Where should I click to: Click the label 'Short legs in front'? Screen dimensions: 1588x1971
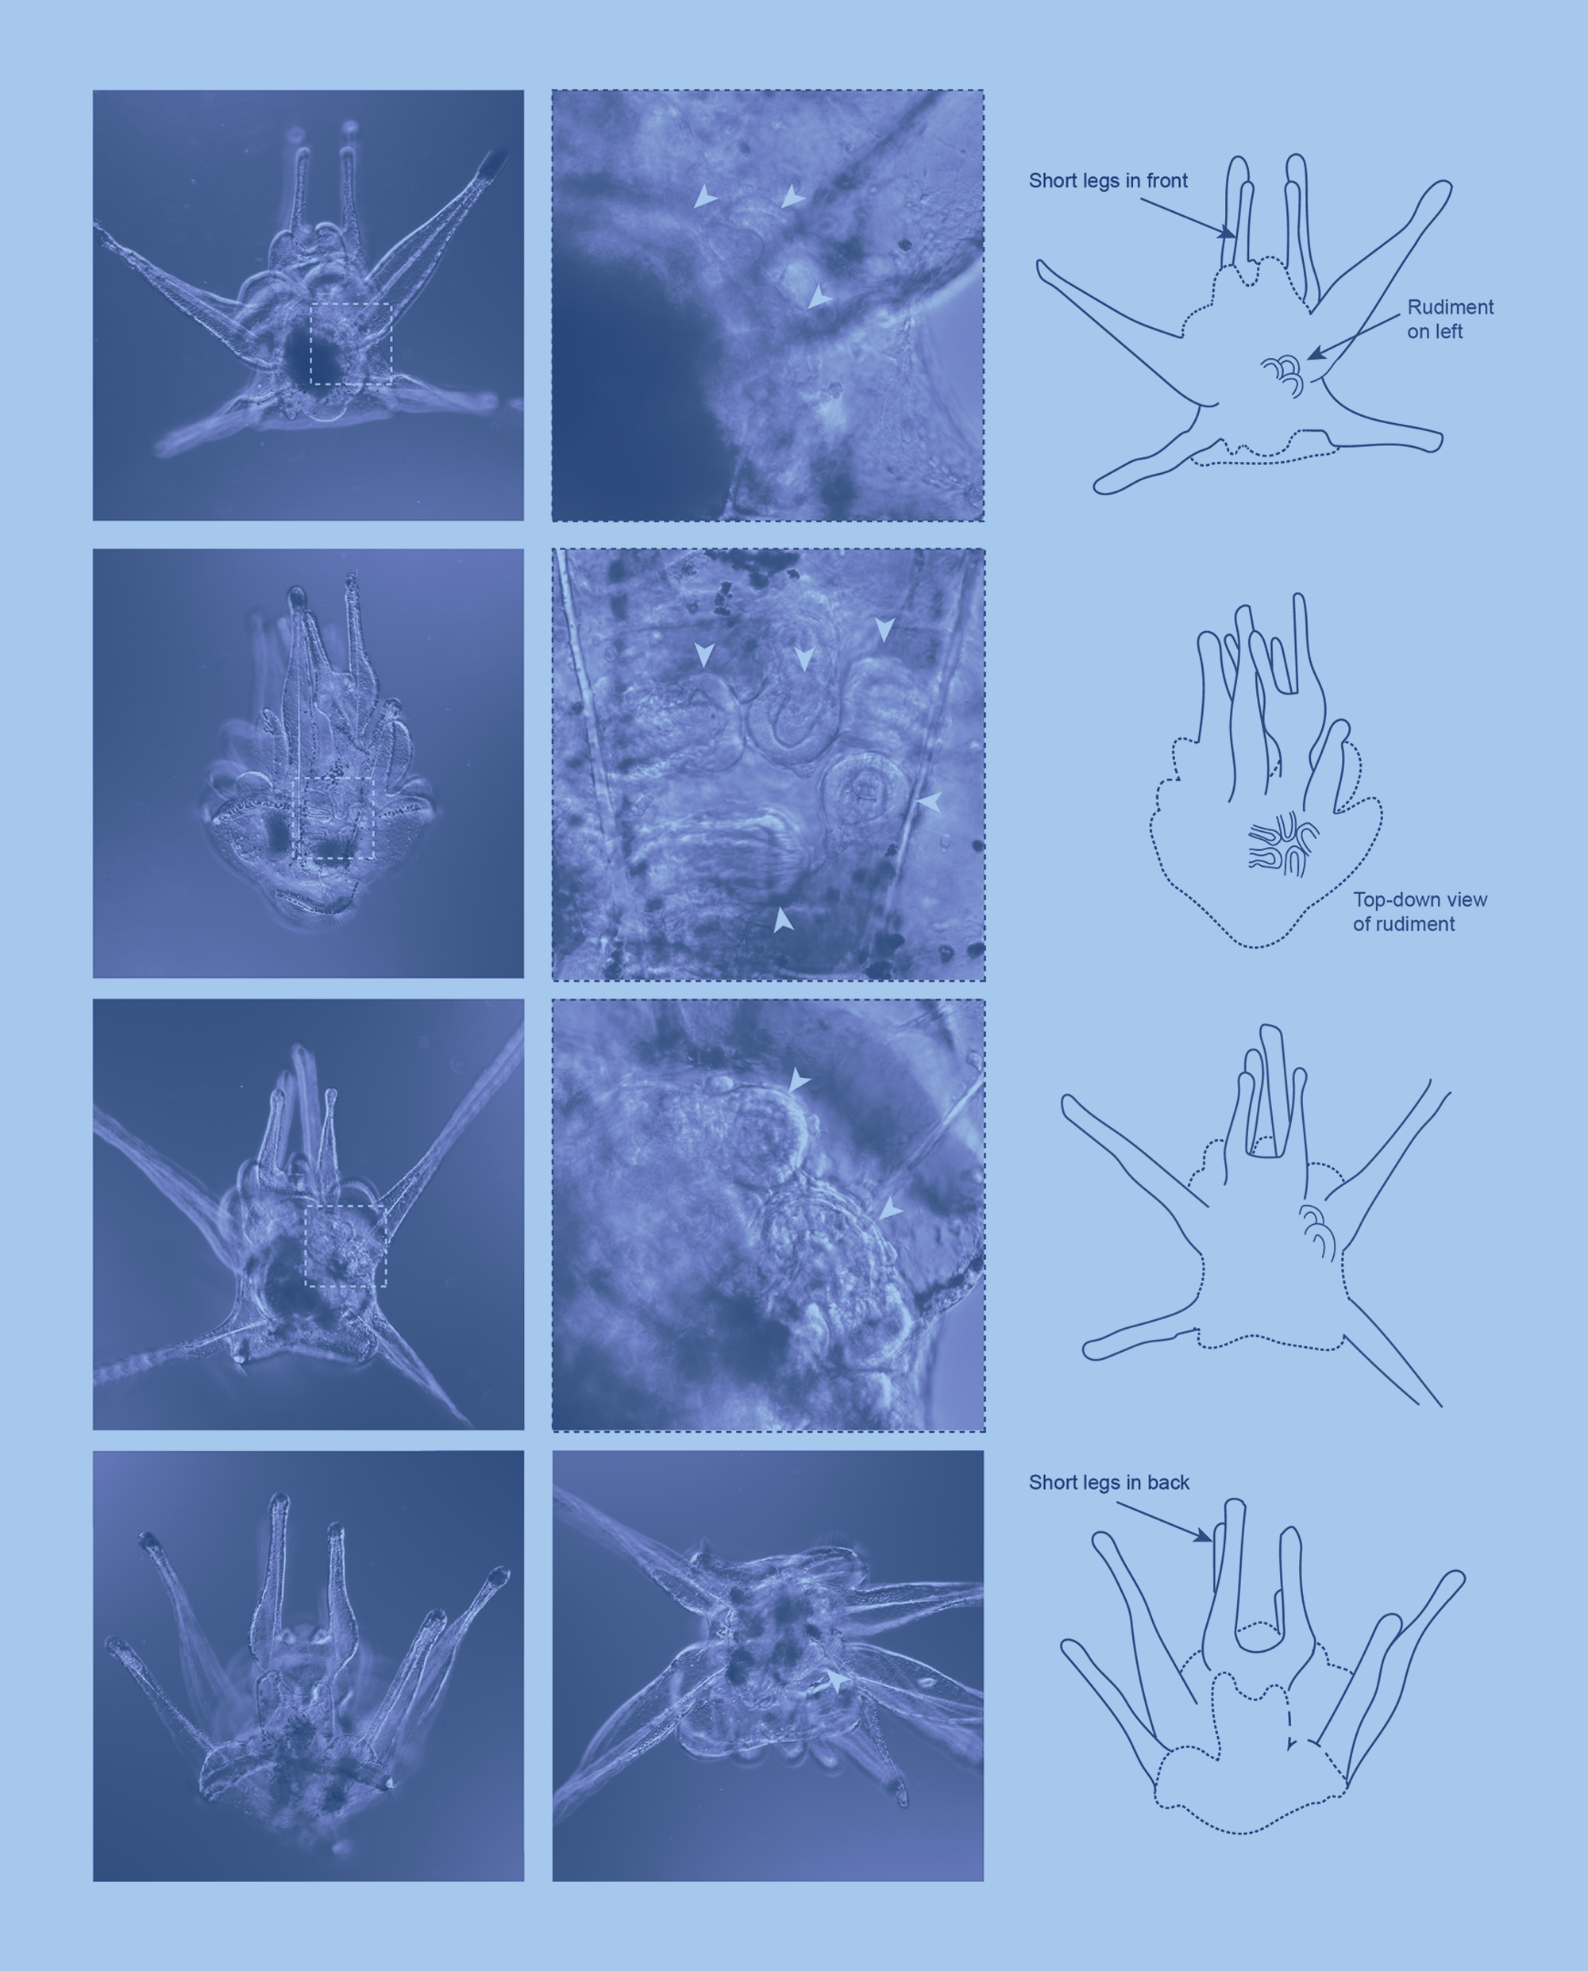1108,181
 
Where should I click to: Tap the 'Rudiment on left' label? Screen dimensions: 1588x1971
1450,319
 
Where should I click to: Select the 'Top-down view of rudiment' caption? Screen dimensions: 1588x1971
1420,912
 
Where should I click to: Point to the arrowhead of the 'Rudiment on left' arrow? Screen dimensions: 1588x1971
1312,354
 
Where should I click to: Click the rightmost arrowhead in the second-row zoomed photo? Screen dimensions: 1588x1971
930,802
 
